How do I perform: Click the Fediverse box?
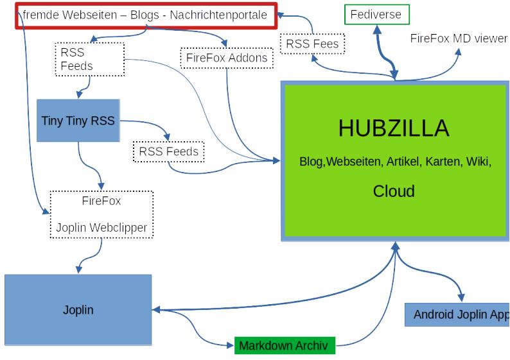pyautogui.click(x=377, y=14)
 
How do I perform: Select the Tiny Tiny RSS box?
pyautogui.click(x=78, y=120)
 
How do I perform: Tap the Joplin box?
pyautogui.click(x=78, y=310)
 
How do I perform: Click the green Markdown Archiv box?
pyautogui.click(x=283, y=346)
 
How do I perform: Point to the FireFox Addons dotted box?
pyautogui.click(x=227, y=58)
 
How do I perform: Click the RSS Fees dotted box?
pyautogui.click(x=313, y=44)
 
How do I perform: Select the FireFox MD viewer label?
pyautogui.click(x=459, y=38)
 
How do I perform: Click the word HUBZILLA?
pyautogui.click(x=394, y=128)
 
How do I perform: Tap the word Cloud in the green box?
pyautogui.click(x=394, y=191)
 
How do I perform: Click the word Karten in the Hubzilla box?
pyautogui.click(x=443, y=162)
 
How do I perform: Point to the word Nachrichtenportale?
pyautogui.click(x=218, y=15)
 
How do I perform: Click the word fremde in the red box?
pyautogui.click(x=40, y=15)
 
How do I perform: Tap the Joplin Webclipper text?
pyautogui.click(x=101, y=227)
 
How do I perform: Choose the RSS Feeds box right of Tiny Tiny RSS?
pyautogui.click(x=169, y=152)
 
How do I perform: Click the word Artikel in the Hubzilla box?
pyautogui.click(x=403, y=162)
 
